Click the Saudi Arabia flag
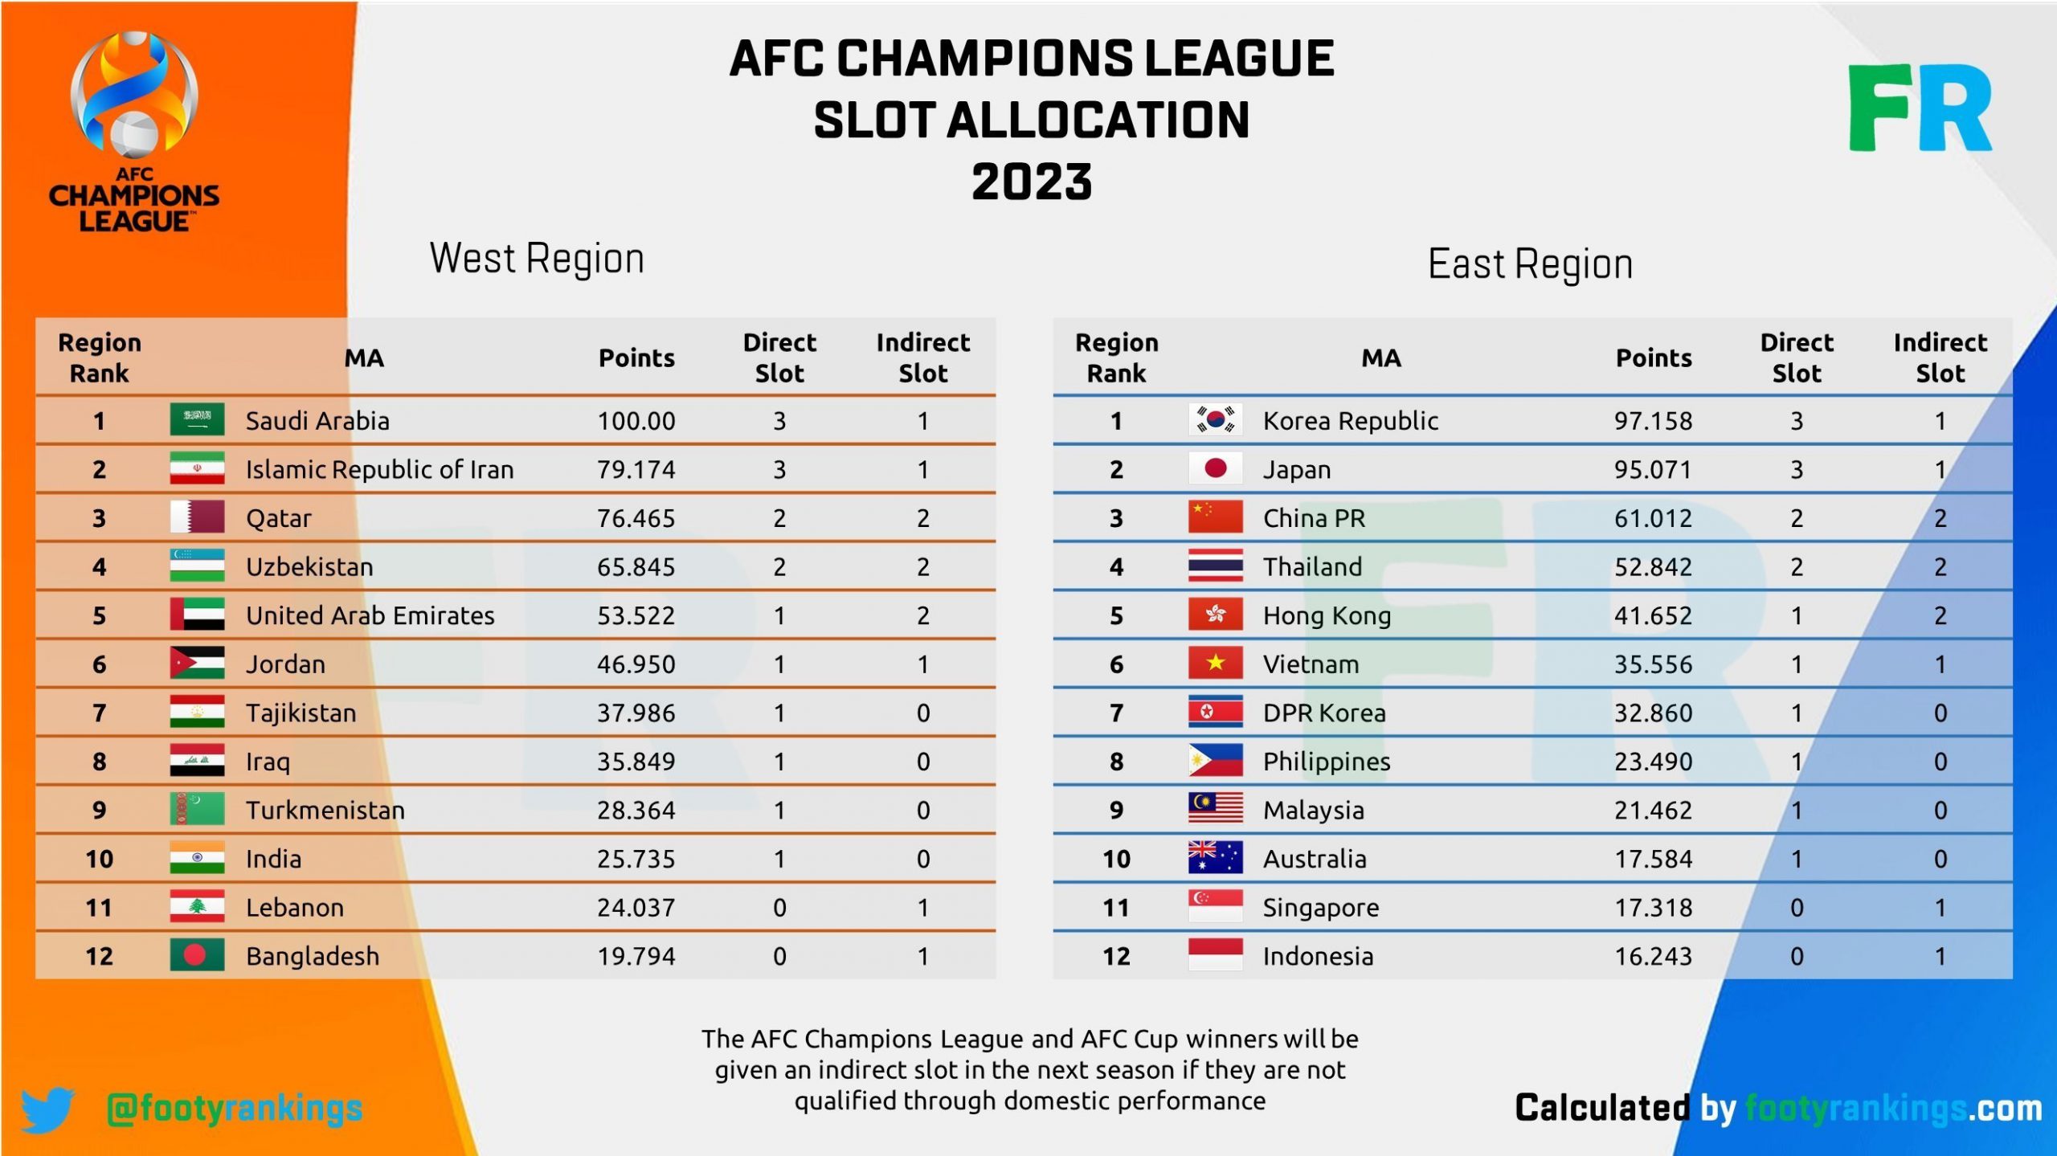197,420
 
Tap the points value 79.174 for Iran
636,469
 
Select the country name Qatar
278,518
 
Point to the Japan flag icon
1215,468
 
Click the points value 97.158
1653,420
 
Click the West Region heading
537,259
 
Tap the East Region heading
1530,264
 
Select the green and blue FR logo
1920,108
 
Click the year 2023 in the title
1032,182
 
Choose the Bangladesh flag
197,955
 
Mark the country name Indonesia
1318,956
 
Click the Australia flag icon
1215,858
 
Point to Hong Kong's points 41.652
1653,615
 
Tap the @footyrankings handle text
235,1109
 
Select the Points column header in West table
636,357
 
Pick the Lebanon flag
197,907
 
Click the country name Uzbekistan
309,567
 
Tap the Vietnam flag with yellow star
1215,664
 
